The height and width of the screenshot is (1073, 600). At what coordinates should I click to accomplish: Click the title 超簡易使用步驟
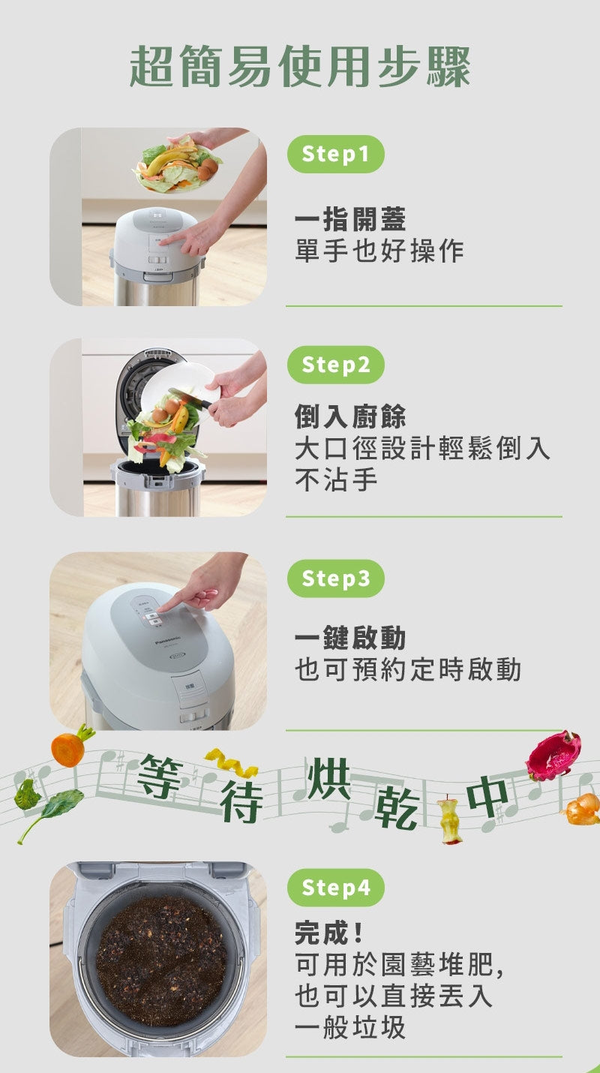point(300,67)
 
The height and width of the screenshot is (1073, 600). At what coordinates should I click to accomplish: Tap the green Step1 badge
point(335,155)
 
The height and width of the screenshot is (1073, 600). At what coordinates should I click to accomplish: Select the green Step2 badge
point(335,365)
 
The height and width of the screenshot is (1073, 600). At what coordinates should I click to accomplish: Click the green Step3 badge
point(335,579)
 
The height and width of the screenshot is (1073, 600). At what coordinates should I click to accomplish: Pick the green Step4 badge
point(335,888)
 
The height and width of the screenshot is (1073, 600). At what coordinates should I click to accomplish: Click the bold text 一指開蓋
point(349,220)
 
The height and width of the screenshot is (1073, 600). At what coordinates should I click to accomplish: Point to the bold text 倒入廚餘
point(349,416)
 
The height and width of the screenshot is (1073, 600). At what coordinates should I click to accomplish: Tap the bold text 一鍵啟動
point(349,638)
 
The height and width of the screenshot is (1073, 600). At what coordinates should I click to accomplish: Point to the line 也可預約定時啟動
point(407,669)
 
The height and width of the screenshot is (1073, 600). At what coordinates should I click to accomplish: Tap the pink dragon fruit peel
point(553,756)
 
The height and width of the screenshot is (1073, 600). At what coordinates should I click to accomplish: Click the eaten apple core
point(448,820)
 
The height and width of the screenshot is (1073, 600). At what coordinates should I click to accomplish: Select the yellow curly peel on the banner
point(232,763)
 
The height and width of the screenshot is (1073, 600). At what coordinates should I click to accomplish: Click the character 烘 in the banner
point(328,780)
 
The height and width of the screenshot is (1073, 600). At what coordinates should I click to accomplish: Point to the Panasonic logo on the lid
point(169,642)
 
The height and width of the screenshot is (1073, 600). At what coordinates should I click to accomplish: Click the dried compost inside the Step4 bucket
point(160,960)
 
